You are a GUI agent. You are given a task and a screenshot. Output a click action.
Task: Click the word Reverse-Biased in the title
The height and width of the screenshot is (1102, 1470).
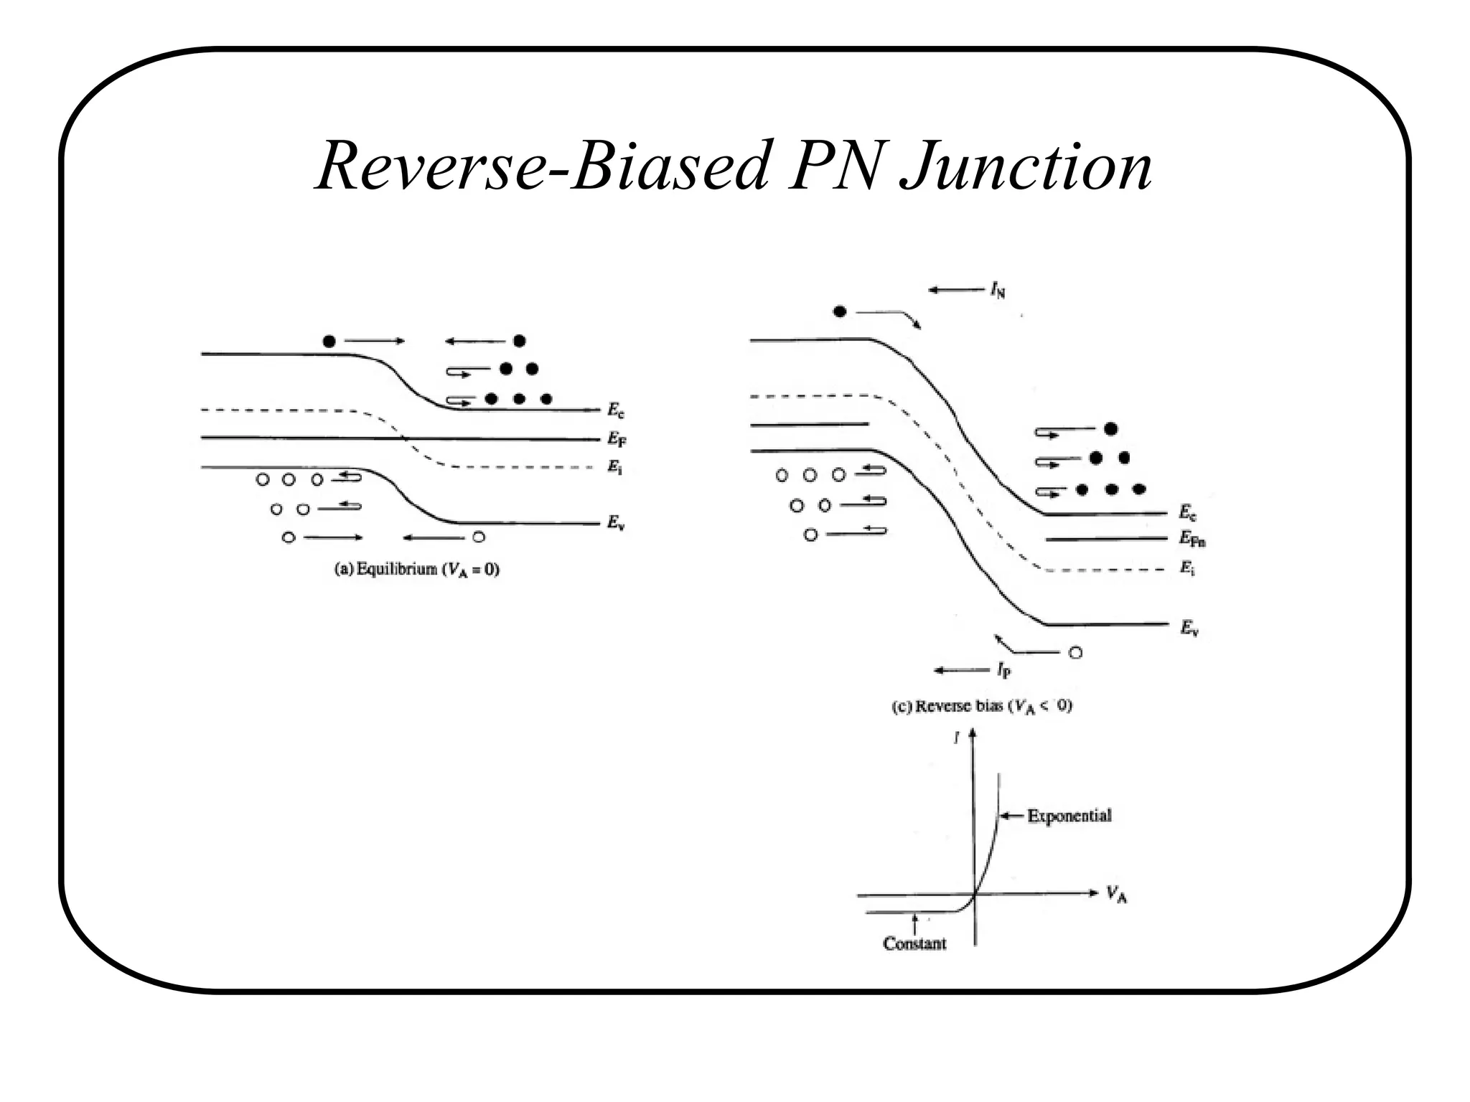click(x=542, y=166)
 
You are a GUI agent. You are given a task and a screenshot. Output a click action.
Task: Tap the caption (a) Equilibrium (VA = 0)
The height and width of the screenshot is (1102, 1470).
click(x=417, y=570)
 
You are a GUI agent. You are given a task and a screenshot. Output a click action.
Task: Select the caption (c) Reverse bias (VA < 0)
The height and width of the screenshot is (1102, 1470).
click(x=981, y=707)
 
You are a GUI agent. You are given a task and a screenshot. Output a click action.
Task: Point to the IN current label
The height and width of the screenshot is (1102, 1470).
click(x=998, y=290)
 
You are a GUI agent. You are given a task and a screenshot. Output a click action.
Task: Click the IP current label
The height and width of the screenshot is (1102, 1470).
click(x=1003, y=671)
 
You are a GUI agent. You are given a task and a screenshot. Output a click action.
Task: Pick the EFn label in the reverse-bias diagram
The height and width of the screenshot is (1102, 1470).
click(x=1192, y=538)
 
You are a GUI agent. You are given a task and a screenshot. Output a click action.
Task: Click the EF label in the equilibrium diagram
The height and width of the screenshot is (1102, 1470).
click(x=617, y=438)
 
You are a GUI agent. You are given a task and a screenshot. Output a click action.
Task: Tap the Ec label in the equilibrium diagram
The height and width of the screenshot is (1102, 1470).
click(x=616, y=410)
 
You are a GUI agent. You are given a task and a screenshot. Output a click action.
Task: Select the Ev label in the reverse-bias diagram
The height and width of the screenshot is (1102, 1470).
click(x=1189, y=628)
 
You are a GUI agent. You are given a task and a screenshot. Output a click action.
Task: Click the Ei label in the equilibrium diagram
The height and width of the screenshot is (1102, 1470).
click(x=615, y=467)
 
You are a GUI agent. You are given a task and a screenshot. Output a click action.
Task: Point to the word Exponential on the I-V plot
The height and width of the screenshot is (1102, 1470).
click(x=1069, y=816)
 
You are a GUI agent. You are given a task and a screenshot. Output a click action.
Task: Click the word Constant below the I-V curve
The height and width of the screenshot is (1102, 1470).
click(x=914, y=943)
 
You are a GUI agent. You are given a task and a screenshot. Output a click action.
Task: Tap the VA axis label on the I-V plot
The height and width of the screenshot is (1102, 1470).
click(x=1116, y=895)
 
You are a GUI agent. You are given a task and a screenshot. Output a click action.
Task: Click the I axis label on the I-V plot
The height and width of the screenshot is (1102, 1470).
click(x=957, y=737)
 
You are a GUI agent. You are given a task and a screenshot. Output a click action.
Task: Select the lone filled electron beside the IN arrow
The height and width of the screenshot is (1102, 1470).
click(x=839, y=311)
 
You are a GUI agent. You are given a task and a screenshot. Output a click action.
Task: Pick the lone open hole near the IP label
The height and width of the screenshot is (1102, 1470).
click(x=1075, y=653)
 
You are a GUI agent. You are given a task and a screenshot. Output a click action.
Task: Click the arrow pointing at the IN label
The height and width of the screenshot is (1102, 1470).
click(x=956, y=290)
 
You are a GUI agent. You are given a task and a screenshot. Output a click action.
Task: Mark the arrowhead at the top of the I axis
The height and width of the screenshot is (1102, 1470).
click(x=973, y=734)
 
